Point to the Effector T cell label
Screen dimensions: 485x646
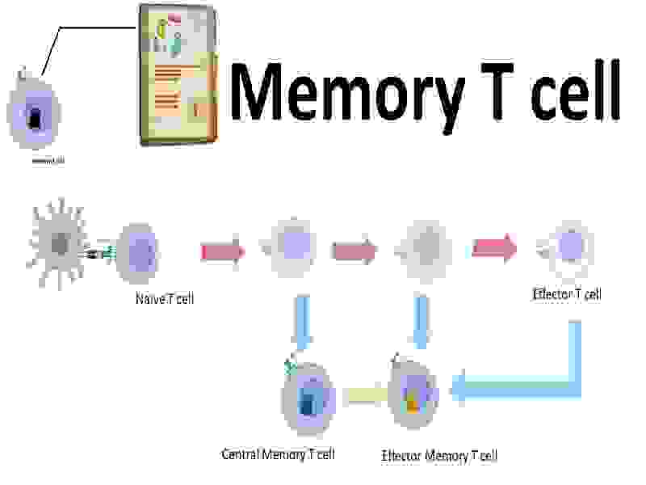tap(566, 294)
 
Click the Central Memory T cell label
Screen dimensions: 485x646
tap(278, 453)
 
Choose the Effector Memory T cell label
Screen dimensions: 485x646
tap(439, 455)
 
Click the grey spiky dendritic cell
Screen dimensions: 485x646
tap(59, 244)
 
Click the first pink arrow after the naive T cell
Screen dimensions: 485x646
tap(223, 252)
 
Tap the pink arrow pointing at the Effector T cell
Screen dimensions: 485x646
tap(495, 247)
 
